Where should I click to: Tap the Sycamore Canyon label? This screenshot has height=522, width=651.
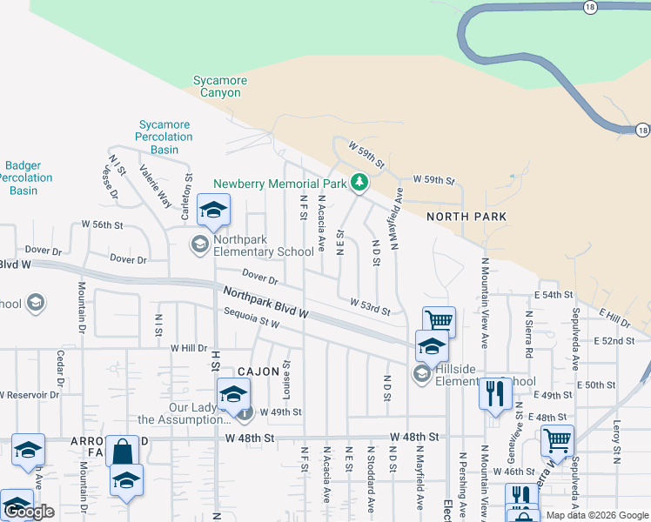point(219,87)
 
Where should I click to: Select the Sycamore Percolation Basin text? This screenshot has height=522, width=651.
point(164,137)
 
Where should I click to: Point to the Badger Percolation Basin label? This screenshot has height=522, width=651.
point(24,177)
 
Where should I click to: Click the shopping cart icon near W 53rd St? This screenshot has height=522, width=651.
point(440,322)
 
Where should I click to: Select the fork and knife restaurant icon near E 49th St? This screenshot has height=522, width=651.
point(494,393)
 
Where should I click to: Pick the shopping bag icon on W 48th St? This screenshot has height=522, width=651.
point(122,452)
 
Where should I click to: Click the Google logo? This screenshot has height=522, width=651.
point(29,512)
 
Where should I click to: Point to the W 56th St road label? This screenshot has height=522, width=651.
point(103,224)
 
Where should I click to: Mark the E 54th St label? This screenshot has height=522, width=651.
point(560,296)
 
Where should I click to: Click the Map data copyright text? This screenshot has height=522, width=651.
point(596,515)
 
